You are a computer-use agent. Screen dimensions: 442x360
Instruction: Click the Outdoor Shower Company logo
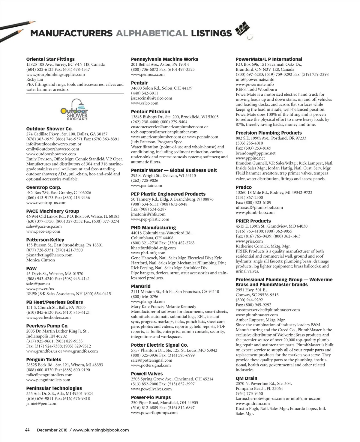pyautogui.click(x=74, y=110)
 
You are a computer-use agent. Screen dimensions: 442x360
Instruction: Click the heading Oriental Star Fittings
pyautogui.click(x=50, y=59)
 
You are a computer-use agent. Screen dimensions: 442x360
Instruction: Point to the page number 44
pyautogui.click(x=27, y=430)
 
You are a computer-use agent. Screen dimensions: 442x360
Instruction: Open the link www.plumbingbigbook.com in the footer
pyautogui.click(x=101, y=430)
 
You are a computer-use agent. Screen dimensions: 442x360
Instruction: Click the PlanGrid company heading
pyautogui.click(x=141, y=286)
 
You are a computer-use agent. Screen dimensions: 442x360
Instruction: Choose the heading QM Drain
pyautogui.click(x=246, y=378)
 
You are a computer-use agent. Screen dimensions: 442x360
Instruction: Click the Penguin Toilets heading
pyautogui.click(x=44, y=360)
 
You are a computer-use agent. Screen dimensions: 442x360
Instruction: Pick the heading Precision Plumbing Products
pyautogui.click(x=268, y=133)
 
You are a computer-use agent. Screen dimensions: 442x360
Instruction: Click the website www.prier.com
pyautogui.click(x=249, y=241)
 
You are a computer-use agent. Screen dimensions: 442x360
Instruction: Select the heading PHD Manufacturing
pyautogui.click(x=153, y=228)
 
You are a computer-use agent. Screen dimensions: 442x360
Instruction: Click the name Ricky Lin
pyautogui.click(x=35, y=79)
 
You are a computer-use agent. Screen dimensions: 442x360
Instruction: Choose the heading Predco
pyautogui.click(x=244, y=187)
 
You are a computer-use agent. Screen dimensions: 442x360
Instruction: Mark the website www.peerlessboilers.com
pyautogui.click(x=48, y=317)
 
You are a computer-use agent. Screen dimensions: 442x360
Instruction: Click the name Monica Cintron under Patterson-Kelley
pyautogui.click(x=40, y=260)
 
